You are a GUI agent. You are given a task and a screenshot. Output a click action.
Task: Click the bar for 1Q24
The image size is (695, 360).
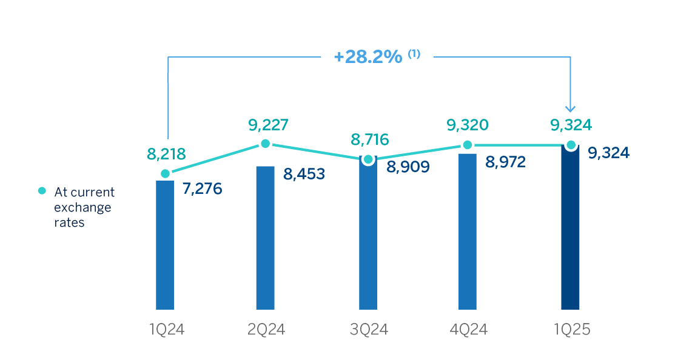coord(165,245)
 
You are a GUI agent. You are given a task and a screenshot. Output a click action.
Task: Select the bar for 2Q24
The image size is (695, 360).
coord(265,238)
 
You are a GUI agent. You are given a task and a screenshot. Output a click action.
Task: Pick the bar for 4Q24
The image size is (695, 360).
coord(468,232)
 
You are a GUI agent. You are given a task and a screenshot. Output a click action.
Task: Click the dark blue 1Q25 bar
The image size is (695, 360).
coord(570,228)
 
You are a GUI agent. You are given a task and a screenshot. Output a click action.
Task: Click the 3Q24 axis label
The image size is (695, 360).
coord(369,330)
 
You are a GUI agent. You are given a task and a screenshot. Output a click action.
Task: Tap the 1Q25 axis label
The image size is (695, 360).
coord(571,330)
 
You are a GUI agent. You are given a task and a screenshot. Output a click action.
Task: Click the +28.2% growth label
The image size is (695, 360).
coord(368,57)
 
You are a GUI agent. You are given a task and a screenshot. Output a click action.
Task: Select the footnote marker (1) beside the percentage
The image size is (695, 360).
coord(414,54)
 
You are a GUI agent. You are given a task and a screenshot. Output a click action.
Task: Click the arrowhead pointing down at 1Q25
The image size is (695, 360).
coord(570,108)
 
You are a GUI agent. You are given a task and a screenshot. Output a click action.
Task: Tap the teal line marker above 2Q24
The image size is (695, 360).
coord(265,144)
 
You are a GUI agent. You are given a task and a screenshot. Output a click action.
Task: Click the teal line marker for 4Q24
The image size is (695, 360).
coord(468,145)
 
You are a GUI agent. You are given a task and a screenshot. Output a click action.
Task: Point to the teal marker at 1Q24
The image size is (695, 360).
coord(165,173)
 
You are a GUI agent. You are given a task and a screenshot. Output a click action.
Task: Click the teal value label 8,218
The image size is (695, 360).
coord(166,155)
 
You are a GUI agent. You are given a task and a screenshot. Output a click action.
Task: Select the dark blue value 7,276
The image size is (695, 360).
coord(203,188)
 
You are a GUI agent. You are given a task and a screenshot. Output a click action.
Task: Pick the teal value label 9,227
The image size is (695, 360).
coord(267,125)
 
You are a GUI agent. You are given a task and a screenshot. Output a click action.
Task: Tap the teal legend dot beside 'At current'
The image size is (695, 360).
coord(42,191)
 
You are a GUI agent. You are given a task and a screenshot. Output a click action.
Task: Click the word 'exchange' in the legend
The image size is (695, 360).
coord(82,207)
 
